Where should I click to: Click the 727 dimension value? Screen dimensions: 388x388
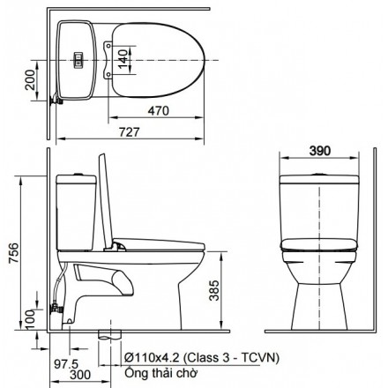(x=130, y=132)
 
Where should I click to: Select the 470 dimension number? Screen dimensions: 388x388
(x=159, y=111)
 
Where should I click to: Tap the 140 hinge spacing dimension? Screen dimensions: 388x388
(x=123, y=59)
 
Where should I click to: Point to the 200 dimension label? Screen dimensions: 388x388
(x=30, y=80)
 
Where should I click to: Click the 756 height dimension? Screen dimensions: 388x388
(x=13, y=253)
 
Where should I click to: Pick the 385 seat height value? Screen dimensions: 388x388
(x=214, y=290)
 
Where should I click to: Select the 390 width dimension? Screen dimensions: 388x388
(x=320, y=151)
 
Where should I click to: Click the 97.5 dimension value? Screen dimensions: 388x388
(x=66, y=364)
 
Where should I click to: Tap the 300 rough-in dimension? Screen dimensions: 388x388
(x=80, y=375)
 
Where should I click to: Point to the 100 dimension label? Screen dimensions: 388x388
(x=30, y=319)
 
